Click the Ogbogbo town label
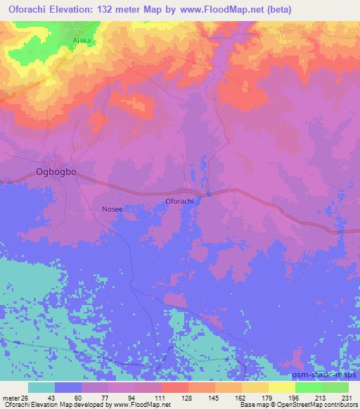[56, 171]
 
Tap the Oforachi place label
[179, 202]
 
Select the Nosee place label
[113, 209]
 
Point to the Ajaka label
[83, 40]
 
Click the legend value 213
[319, 398]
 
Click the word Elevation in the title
[77, 9]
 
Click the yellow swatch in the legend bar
[282, 387]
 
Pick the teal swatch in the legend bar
[41, 387]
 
